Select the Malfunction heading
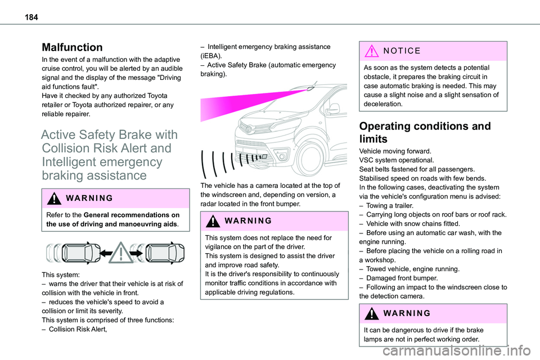pos(71,47)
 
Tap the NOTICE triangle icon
pos(370,51)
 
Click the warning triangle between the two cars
pos(121,253)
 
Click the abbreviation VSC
pos(366,160)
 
